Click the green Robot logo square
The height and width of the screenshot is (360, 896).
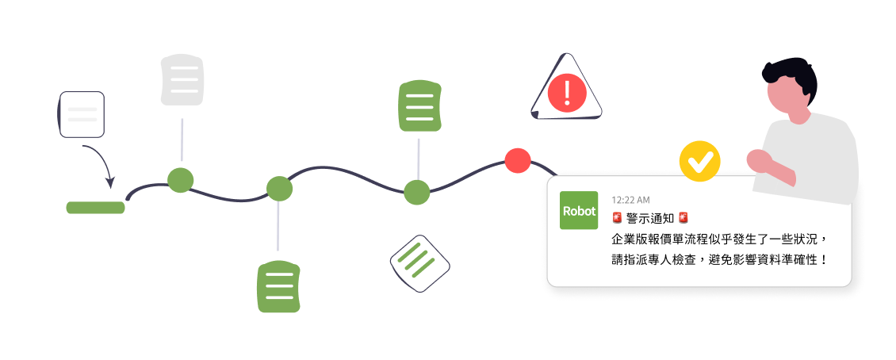click(579, 211)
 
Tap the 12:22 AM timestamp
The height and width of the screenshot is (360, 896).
click(630, 199)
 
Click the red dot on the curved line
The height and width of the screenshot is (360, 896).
click(517, 160)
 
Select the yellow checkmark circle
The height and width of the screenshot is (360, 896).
click(699, 163)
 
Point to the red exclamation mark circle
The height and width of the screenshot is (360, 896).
click(566, 92)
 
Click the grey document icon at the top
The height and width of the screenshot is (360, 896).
click(182, 80)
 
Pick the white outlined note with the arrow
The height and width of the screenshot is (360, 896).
click(82, 114)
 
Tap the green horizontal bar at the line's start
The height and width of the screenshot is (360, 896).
click(95, 208)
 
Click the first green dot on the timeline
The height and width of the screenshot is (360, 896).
click(180, 179)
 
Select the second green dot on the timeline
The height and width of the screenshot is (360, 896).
click(279, 189)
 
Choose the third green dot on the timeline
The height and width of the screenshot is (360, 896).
click(417, 192)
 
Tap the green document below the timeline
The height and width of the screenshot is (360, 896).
click(278, 285)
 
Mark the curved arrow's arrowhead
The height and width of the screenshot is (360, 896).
click(113, 186)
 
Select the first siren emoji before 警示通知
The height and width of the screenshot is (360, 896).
click(617, 218)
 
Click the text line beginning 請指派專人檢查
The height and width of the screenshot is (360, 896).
click(718, 259)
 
